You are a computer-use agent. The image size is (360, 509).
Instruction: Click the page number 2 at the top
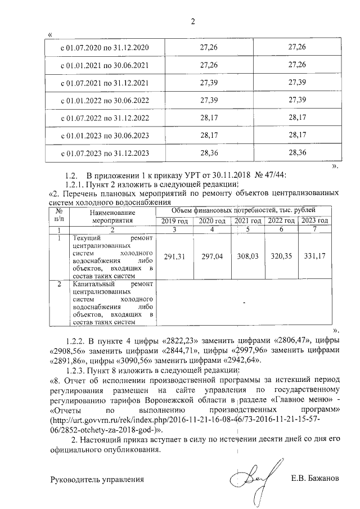click(192, 22)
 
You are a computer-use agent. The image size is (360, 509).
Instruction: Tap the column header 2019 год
click(174, 221)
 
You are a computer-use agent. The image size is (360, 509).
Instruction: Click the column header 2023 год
click(314, 221)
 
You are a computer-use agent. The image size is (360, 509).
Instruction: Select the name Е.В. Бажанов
click(315, 479)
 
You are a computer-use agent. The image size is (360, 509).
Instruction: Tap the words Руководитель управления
click(97, 479)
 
